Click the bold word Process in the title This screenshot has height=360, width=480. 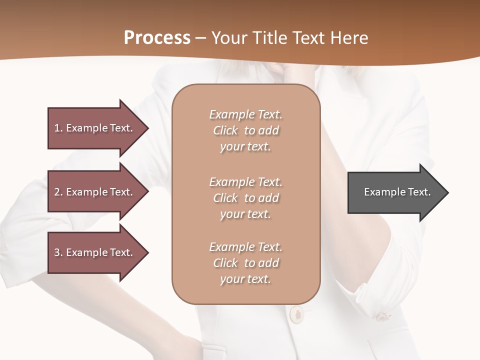[157, 38]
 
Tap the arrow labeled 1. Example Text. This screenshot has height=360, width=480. [95, 128]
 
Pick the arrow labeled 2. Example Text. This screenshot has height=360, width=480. [95, 192]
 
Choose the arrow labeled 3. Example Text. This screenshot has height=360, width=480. [95, 252]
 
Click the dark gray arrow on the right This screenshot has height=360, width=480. [395, 192]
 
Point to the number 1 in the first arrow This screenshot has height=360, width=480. [57, 128]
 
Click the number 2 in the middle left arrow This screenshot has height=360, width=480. [57, 192]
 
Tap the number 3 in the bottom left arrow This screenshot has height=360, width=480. [57, 252]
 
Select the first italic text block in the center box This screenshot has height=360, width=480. [245, 130]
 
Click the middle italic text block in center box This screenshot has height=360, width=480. [245, 198]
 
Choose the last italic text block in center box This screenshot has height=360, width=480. [245, 263]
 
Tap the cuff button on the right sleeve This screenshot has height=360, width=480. [382, 316]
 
